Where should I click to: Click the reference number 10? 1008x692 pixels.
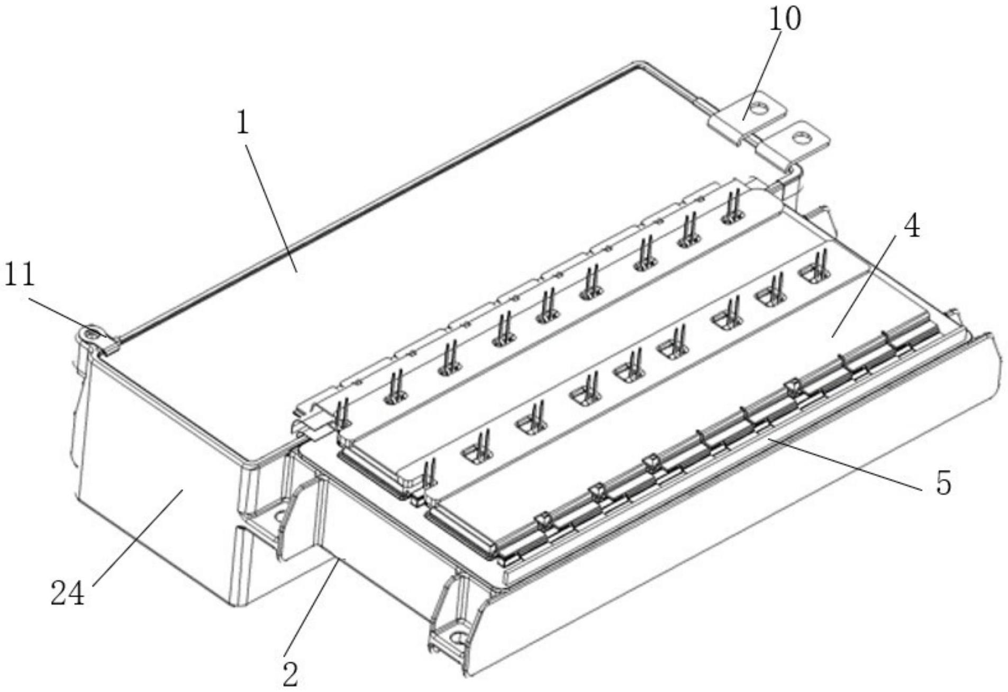785,19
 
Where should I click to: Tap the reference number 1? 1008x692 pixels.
242,124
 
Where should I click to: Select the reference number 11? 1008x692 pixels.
19,275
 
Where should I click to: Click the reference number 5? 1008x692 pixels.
943,483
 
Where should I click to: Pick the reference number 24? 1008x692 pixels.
68,594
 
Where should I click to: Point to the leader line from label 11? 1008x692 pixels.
69,318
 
